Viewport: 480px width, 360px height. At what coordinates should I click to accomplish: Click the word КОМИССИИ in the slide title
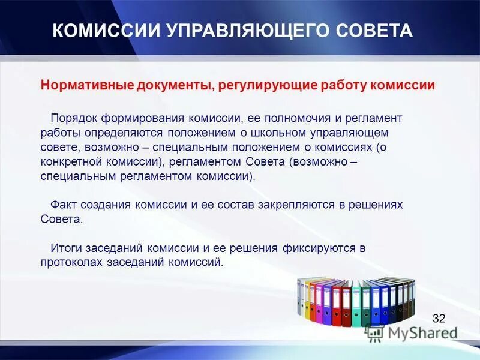click(x=97, y=31)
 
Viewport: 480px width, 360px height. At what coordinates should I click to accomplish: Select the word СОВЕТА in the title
click(x=371, y=31)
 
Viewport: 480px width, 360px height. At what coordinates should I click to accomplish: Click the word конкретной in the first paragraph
click(x=68, y=162)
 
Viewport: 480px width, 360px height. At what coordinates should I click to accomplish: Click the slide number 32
click(x=439, y=319)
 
